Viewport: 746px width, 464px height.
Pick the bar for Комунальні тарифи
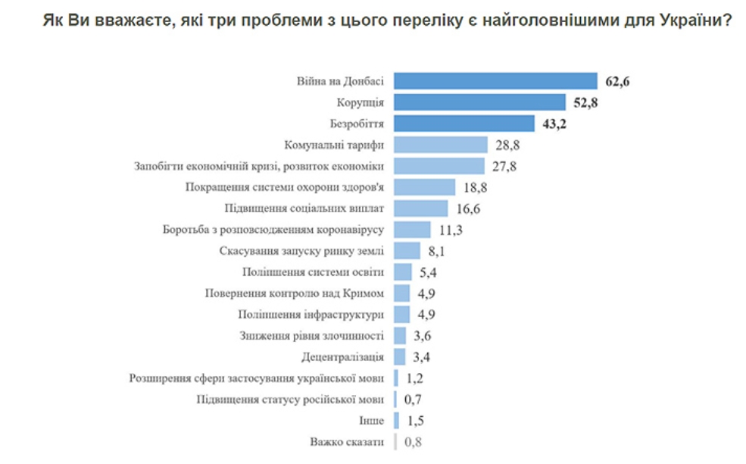(440, 145)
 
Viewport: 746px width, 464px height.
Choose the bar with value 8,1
(407, 251)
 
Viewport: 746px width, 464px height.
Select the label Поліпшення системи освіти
(314, 271)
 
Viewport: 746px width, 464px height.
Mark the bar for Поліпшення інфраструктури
(402, 314)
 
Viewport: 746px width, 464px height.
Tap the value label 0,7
(414, 399)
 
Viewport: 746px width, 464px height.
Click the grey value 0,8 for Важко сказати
(414, 441)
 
